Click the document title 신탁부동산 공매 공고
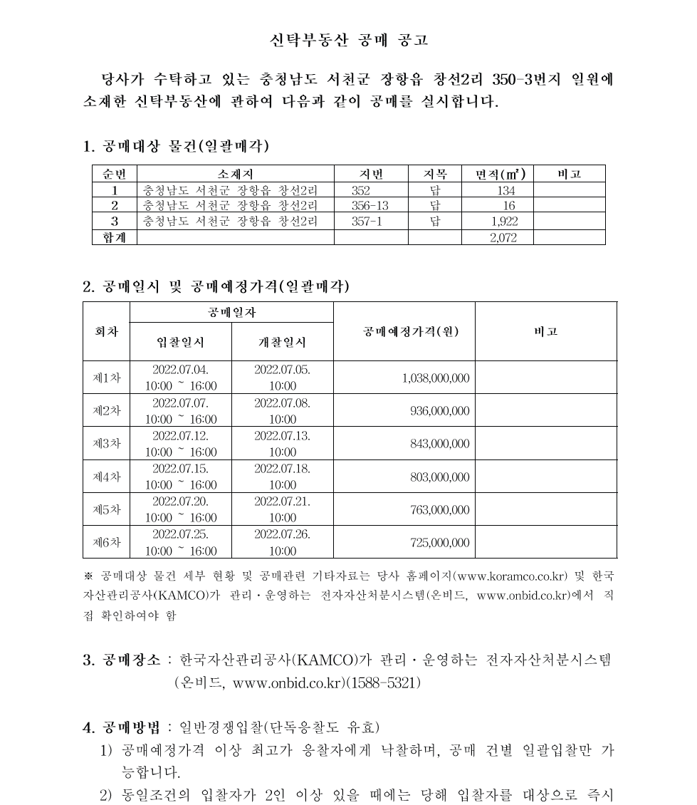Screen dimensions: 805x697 click(x=349, y=40)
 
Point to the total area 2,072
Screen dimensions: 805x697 click(x=503, y=237)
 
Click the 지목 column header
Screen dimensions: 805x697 click(x=435, y=174)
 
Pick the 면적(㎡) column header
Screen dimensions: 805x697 click(x=504, y=174)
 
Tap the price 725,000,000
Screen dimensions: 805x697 click(x=439, y=543)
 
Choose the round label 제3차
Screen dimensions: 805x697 click(x=107, y=443)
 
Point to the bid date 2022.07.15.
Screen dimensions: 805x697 click(x=180, y=469)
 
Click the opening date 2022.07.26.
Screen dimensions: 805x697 click(x=282, y=534)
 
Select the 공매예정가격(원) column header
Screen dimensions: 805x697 click(x=404, y=331)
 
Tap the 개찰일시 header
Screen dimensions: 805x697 click(x=282, y=342)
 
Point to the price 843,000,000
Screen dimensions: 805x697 click(x=439, y=444)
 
